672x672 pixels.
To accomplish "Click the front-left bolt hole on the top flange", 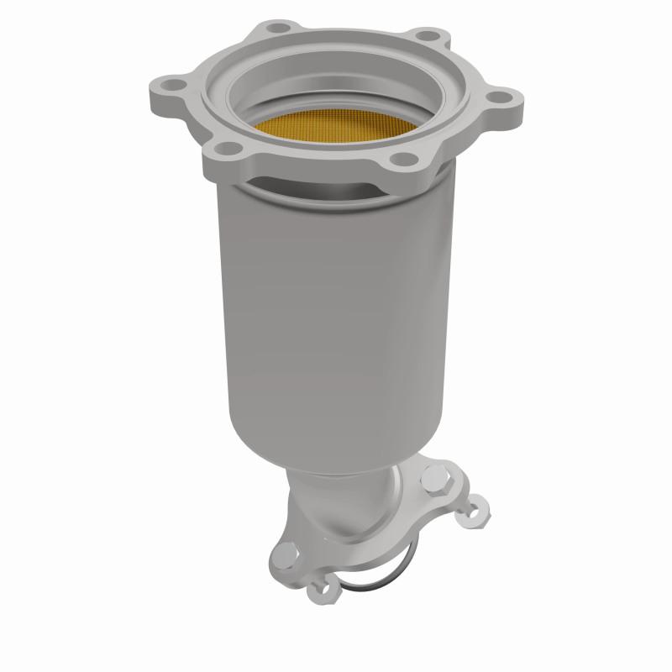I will tap(223, 150).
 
